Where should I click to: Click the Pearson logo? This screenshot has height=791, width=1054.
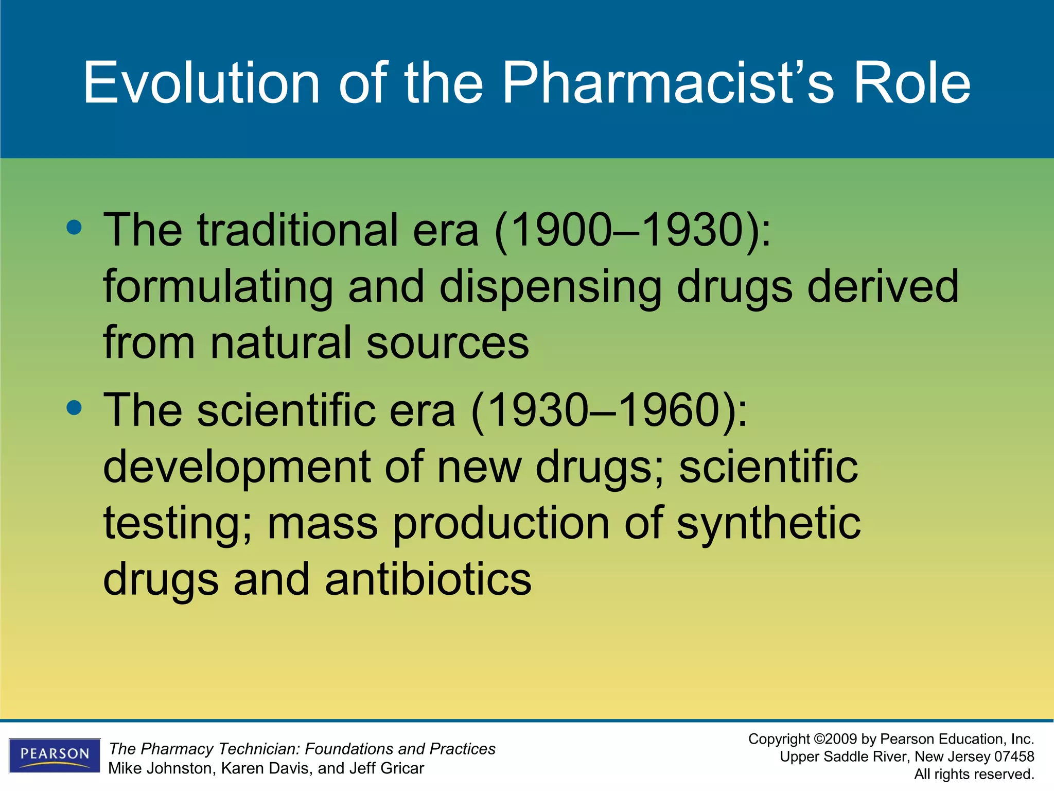(55, 755)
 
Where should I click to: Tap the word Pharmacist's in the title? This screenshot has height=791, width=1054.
(667, 83)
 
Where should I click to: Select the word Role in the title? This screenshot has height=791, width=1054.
(911, 83)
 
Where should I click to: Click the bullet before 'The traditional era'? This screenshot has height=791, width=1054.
(74, 227)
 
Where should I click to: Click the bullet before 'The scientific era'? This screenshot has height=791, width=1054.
(74, 408)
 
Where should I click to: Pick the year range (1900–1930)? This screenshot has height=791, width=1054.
(632, 231)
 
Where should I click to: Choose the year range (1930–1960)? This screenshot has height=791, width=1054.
(608, 411)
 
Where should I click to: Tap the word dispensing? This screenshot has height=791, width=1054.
(550, 287)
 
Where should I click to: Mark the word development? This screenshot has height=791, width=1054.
(236, 467)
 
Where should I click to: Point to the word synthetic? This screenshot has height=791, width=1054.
(768, 524)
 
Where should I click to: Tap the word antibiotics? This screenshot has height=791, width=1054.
(428, 579)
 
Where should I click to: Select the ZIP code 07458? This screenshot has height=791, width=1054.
(1014, 756)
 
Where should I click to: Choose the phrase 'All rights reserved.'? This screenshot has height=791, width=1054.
(974, 774)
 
